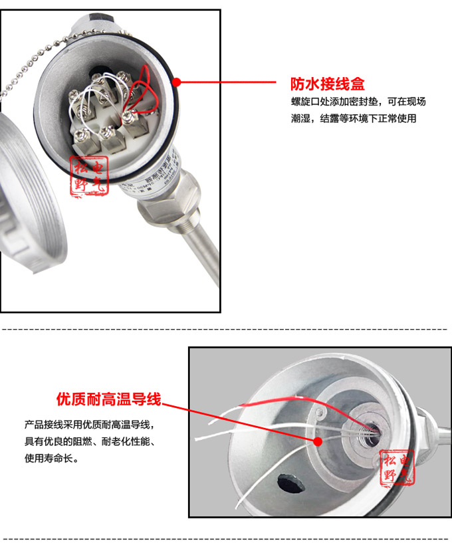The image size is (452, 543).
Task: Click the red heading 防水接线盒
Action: coord(328,84)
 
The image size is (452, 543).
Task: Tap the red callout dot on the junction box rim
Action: coord(177,82)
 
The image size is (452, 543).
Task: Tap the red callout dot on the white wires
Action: coord(318,441)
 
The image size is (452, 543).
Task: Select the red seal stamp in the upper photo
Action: coord(88,177)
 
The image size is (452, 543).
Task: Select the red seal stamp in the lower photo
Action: coord(397,467)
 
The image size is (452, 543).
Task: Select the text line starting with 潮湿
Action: coord(353,119)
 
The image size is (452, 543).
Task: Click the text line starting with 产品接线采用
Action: coord(92,424)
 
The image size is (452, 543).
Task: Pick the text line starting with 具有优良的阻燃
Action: coord(92,441)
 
